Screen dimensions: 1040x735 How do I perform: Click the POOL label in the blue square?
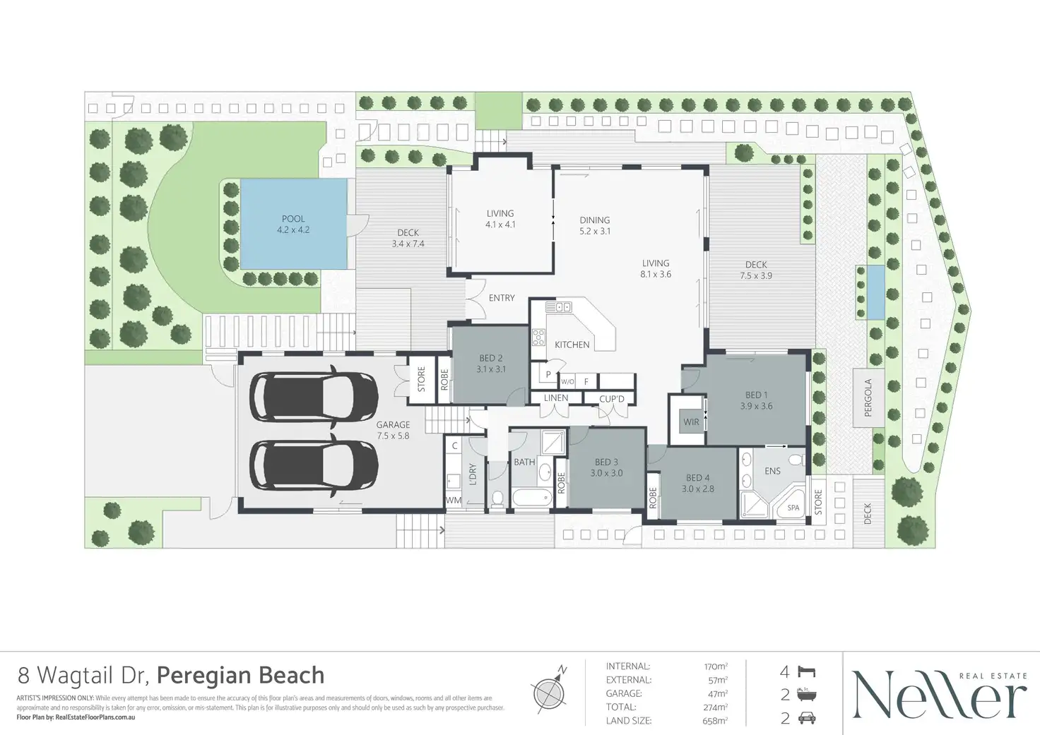[x=293, y=219]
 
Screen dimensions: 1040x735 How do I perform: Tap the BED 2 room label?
[x=490, y=359]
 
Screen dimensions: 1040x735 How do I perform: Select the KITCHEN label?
[x=572, y=345]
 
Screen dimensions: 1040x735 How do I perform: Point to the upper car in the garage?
[x=315, y=395]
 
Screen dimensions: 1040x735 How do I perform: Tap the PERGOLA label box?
[x=868, y=398]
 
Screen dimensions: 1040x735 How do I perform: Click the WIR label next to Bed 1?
[x=691, y=422]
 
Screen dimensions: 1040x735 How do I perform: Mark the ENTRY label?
[x=502, y=298]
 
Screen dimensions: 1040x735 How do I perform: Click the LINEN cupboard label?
[x=556, y=398]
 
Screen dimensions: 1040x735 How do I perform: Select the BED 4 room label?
[x=698, y=478]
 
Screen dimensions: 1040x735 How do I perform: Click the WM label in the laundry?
[x=453, y=501]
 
